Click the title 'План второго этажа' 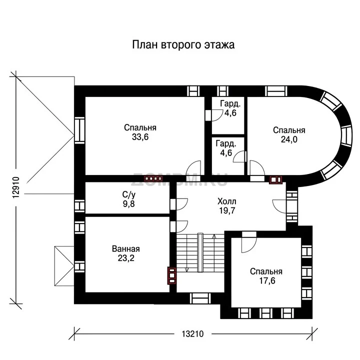(183, 45)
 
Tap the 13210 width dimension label (192, 334)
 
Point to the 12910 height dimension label (16, 187)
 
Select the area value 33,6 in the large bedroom (140, 137)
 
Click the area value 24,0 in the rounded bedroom (289, 139)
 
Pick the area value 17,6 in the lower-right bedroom (267, 280)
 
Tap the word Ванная (126, 249)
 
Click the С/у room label (129, 195)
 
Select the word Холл (227, 201)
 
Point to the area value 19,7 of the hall (227, 210)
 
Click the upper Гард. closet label (230, 104)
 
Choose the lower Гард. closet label (226, 143)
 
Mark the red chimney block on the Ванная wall (171, 275)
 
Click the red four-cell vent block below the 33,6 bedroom (153, 178)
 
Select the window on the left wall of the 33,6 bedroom (79, 130)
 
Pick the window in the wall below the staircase (200, 298)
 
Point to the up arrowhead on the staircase (214, 236)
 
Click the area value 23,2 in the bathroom (126, 258)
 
